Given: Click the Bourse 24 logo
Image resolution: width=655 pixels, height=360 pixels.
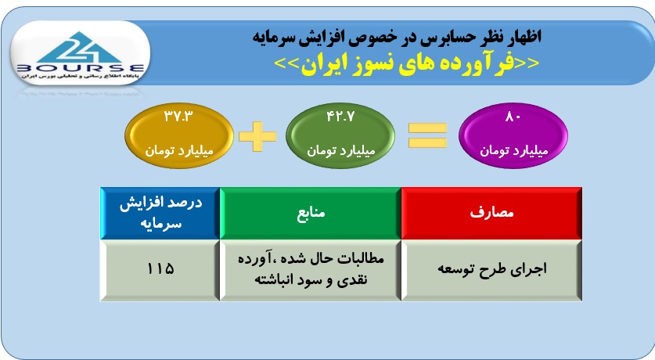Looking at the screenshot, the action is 80,53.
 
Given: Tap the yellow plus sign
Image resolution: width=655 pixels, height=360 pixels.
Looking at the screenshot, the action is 257,136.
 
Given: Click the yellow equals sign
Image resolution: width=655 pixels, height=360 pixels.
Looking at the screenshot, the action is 427,135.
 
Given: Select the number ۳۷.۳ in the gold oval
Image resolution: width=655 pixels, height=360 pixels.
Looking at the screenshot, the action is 178,116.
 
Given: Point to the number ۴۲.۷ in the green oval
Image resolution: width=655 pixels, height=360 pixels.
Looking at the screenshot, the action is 340,116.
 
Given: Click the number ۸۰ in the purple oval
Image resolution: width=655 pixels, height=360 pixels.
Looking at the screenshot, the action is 513,117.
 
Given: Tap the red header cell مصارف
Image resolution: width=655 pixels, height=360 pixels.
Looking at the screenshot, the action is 491,213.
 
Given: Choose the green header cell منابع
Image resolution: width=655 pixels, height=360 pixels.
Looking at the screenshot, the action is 311,213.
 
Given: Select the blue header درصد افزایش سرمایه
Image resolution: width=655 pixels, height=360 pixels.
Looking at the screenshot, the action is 160,213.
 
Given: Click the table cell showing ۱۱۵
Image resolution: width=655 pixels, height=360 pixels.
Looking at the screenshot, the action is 160,270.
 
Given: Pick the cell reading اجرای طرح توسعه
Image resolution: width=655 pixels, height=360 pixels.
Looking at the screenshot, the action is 491,270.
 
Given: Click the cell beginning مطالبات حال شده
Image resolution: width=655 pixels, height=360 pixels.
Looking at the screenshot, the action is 311,270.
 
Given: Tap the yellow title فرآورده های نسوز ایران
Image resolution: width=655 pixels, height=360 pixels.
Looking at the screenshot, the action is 407,63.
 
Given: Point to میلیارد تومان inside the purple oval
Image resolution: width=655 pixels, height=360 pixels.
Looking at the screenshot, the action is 513,149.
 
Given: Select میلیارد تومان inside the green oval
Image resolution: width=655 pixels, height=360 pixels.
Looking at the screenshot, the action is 341,150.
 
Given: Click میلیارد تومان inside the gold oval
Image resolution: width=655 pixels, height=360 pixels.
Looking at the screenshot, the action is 179,150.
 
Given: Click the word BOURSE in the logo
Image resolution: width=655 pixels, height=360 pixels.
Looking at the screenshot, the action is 80,67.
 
